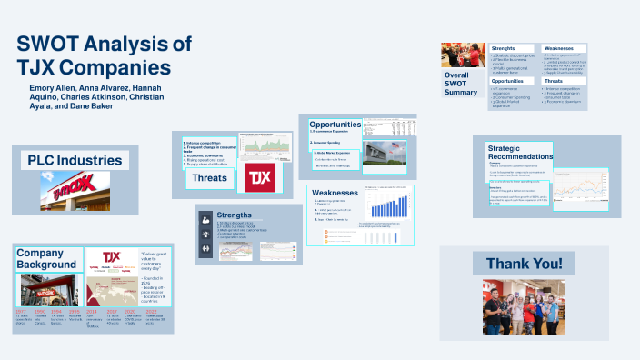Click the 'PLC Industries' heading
[x=75, y=160]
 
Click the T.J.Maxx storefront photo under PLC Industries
[x=75, y=191]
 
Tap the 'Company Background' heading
[x=46, y=257]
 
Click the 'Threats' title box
[x=209, y=178]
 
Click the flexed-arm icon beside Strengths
[x=207, y=220]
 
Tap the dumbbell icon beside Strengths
[x=207, y=248]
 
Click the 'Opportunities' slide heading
[x=335, y=124]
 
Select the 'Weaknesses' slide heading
[x=335, y=194]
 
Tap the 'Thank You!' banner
[x=523, y=264]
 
